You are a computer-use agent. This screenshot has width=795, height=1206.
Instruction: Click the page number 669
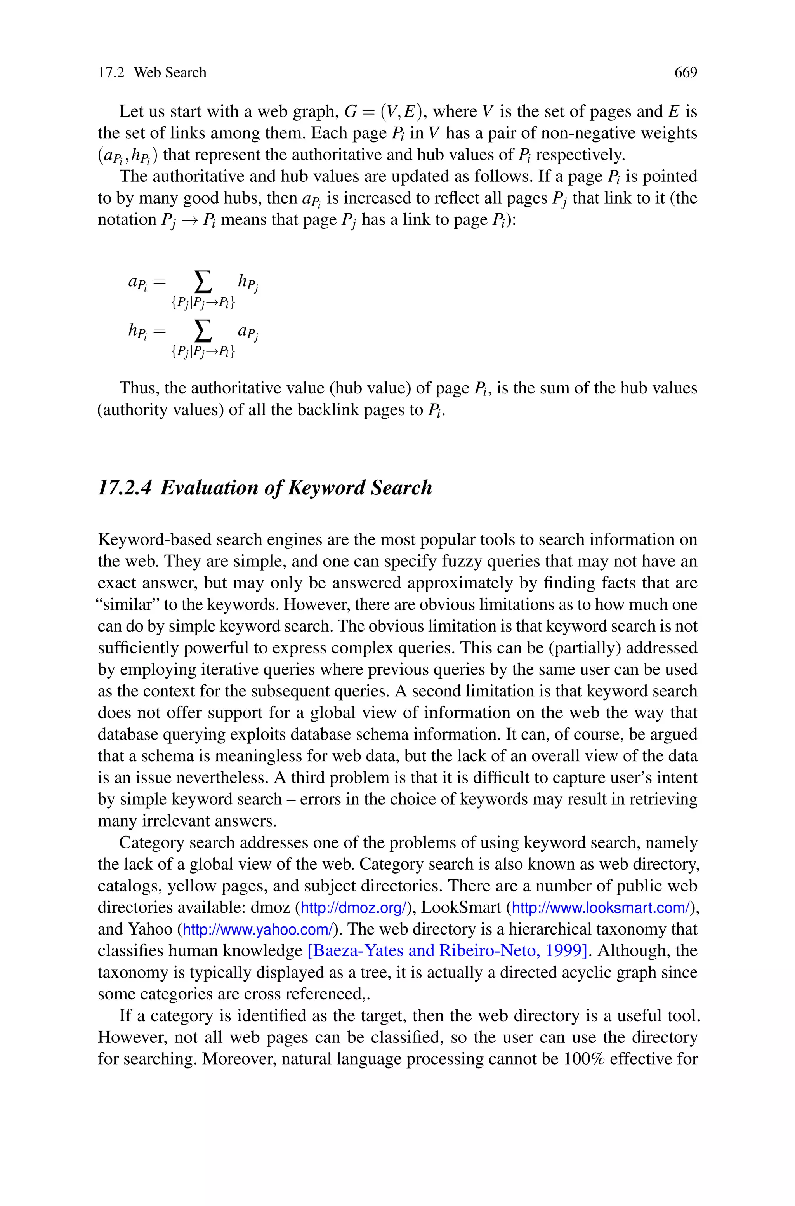[686, 73]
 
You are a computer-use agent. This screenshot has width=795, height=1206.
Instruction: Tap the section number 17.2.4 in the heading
[124, 488]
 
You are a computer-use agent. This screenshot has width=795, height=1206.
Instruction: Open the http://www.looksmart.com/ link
[601, 907]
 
